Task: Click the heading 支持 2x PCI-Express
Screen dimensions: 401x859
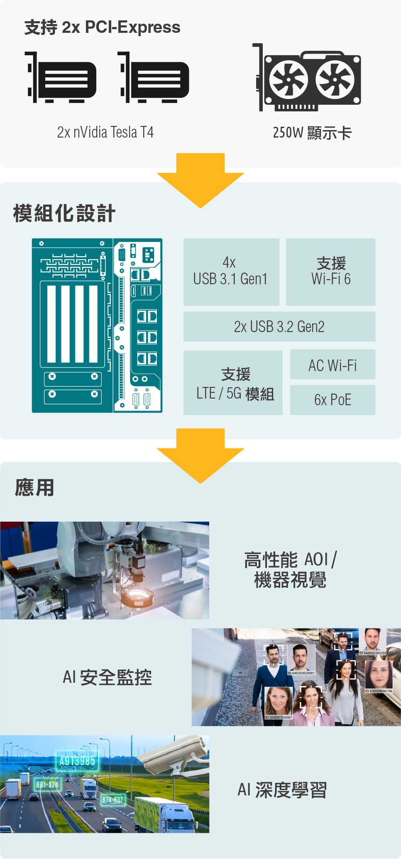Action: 102,27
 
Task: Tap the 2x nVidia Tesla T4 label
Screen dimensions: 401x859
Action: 105,132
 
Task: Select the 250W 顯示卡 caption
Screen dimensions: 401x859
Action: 312,133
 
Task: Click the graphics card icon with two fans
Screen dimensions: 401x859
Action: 307,77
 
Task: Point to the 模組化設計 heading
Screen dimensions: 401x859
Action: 64,214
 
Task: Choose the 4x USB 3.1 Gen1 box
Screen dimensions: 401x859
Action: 231,272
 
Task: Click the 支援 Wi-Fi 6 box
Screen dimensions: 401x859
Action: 330,272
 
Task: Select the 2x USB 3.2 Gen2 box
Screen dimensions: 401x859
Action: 279,327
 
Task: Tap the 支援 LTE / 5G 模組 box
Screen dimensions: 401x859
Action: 233,383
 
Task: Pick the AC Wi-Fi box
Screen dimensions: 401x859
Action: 333,364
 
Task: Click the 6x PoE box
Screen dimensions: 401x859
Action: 333,400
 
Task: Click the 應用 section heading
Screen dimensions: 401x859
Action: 34,487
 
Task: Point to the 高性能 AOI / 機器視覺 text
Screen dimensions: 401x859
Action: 290,569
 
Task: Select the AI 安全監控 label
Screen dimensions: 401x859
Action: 107,677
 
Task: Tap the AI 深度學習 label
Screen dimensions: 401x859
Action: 282,790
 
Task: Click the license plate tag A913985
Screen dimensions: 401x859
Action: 77,761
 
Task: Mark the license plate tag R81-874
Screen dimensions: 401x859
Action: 47,785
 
